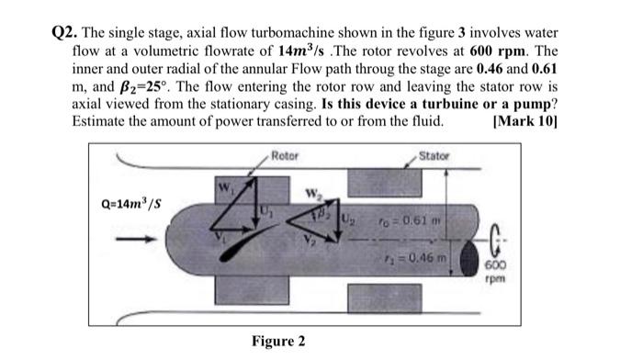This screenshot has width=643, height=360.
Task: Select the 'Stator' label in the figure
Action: pyautogui.click(x=433, y=155)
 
